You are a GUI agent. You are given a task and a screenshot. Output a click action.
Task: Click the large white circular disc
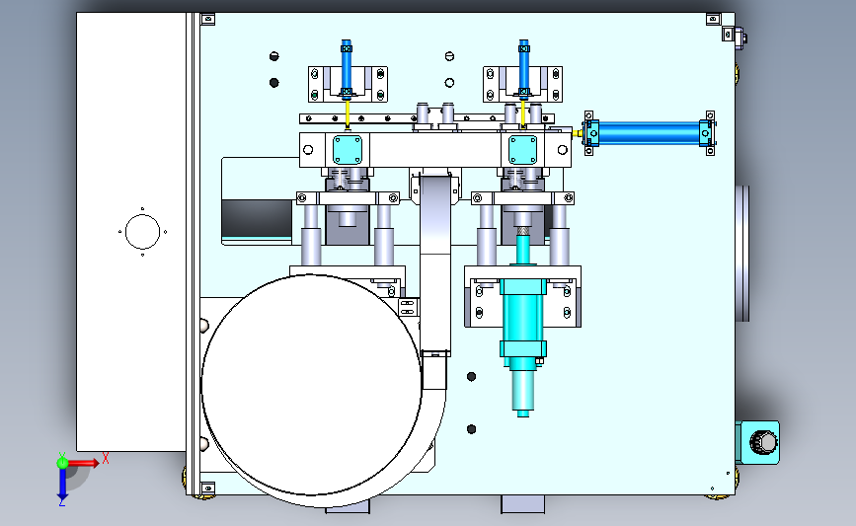311,385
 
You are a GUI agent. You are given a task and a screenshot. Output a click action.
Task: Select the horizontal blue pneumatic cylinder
649,133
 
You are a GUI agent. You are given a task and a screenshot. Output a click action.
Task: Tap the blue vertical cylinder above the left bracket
347,69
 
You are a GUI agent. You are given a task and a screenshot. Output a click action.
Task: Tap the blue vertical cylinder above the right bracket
523,69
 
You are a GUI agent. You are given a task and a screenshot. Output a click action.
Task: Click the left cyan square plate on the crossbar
348,149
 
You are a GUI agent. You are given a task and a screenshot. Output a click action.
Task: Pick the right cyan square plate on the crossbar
523,149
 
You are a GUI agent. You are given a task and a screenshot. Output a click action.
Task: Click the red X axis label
106,458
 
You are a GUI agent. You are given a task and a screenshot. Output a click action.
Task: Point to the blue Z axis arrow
62,483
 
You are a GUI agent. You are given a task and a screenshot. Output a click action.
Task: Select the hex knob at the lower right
762,442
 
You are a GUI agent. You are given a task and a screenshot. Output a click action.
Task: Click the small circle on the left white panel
142,231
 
